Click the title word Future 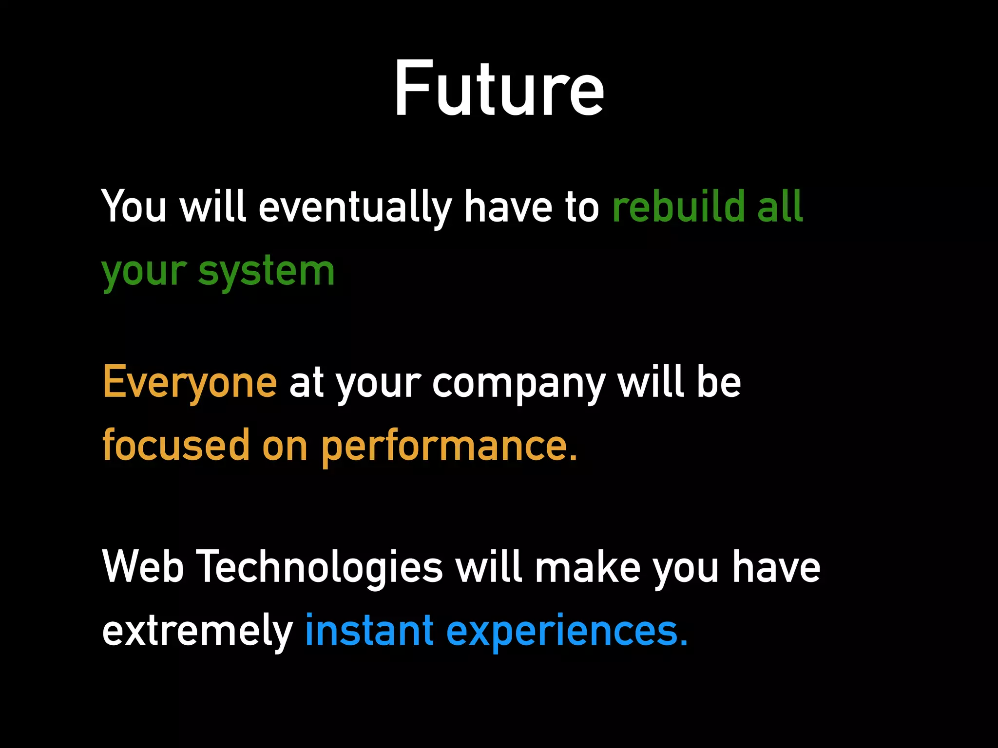point(499,89)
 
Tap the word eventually point(355,207)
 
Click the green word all point(780,207)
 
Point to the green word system point(267,272)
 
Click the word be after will point(719,383)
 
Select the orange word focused point(176,446)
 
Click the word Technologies point(321,568)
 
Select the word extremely point(197,631)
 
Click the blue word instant point(369,631)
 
